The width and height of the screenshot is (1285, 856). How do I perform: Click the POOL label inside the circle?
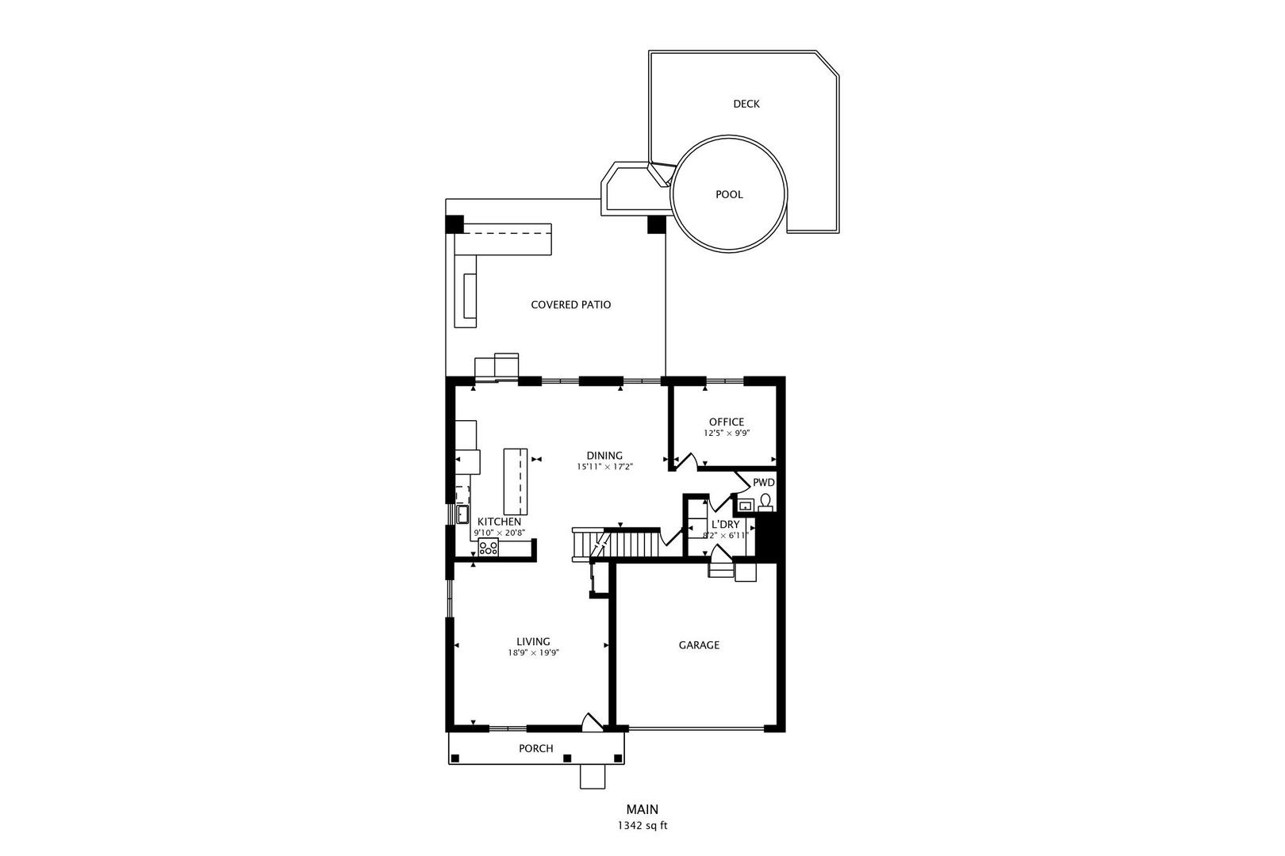(x=729, y=195)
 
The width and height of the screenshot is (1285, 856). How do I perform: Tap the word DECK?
(x=746, y=104)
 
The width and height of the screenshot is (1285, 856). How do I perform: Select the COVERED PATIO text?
(x=571, y=305)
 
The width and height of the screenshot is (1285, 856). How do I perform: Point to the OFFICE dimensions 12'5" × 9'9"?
(x=727, y=434)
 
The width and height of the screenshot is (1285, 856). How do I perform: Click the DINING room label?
(x=604, y=456)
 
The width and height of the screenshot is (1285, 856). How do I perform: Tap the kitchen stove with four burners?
(x=488, y=547)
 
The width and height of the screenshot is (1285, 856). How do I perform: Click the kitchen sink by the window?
(x=462, y=514)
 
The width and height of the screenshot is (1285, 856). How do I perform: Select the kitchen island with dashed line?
(x=516, y=482)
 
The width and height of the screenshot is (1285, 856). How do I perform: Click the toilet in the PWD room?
(x=765, y=503)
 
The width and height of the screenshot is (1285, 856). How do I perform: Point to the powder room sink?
(x=746, y=505)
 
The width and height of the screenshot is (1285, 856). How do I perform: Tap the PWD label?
(x=764, y=483)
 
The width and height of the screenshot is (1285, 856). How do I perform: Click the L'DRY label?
(x=726, y=525)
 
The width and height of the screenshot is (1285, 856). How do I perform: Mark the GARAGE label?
(x=699, y=646)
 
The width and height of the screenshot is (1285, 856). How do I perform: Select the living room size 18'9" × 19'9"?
(x=533, y=653)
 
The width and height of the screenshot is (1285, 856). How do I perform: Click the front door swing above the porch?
(x=592, y=722)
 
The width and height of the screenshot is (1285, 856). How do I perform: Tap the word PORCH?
(x=535, y=749)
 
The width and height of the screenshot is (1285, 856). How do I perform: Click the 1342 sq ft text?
(x=642, y=826)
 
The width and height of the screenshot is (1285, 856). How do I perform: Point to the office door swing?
(x=686, y=462)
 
